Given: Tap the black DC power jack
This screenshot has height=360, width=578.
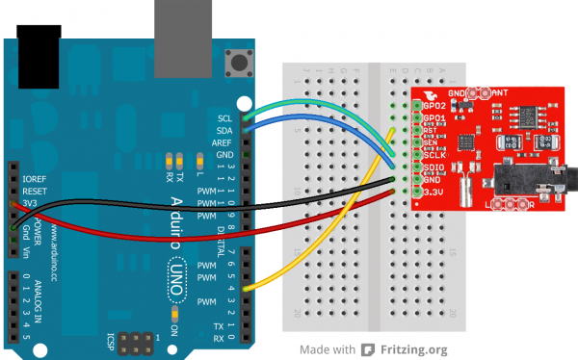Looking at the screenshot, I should (39, 48).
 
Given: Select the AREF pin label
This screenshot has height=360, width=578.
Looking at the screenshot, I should (223, 141).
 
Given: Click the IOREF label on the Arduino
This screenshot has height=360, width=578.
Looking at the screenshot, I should (35, 178).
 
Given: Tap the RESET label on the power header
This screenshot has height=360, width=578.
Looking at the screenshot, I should (35, 191).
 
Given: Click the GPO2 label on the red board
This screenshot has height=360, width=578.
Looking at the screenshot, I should (434, 104).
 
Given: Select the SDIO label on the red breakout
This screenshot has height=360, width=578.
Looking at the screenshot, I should (434, 168).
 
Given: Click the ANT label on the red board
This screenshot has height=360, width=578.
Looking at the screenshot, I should (502, 91).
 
